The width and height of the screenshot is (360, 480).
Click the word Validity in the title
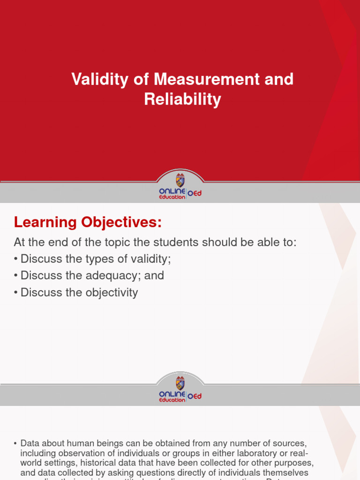click(x=99, y=79)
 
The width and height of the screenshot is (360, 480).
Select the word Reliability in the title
click(x=182, y=99)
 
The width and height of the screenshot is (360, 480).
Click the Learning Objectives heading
click(x=88, y=223)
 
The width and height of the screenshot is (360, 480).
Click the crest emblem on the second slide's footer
click(x=180, y=382)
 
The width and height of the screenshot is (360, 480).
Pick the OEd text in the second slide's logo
click(x=195, y=396)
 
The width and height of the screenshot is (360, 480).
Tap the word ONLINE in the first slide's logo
click(x=172, y=191)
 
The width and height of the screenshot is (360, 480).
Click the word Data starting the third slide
click(x=30, y=443)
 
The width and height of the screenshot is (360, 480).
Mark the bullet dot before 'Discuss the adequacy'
click(x=16, y=276)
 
